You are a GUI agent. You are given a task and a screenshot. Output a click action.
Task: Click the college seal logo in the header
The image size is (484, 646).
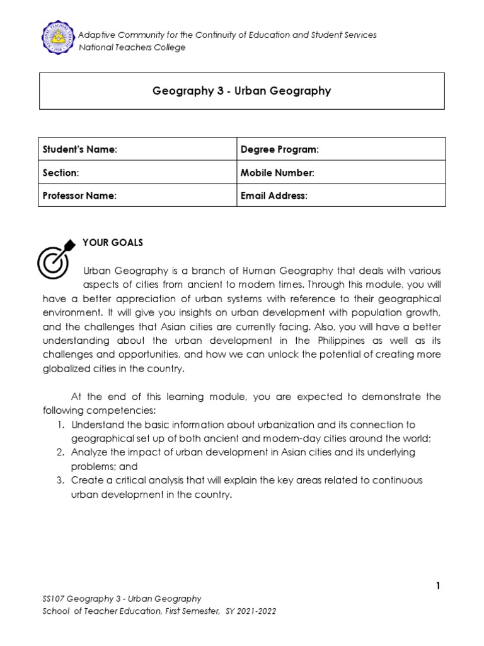point(57,39)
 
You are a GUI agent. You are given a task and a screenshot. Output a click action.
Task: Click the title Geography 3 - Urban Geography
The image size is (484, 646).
point(241,91)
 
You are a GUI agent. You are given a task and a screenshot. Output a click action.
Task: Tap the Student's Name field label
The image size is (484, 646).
point(80,149)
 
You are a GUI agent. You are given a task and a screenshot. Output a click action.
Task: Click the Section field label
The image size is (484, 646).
point(60,172)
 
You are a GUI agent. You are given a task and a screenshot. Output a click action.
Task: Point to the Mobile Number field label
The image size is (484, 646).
point(277,172)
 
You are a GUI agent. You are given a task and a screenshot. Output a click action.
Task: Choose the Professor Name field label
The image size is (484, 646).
point(79,196)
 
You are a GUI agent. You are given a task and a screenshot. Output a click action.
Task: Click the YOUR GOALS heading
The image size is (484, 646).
point(113,243)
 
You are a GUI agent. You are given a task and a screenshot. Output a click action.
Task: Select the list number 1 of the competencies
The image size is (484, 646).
point(60,425)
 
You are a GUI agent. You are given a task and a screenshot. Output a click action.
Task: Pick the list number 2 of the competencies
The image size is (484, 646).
point(60,452)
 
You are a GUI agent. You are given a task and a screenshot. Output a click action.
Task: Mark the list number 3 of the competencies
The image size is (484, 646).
point(60,480)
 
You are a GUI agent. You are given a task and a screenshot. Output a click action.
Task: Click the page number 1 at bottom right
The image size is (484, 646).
point(437,586)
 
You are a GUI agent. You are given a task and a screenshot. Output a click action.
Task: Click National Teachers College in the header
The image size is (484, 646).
point(131,48)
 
